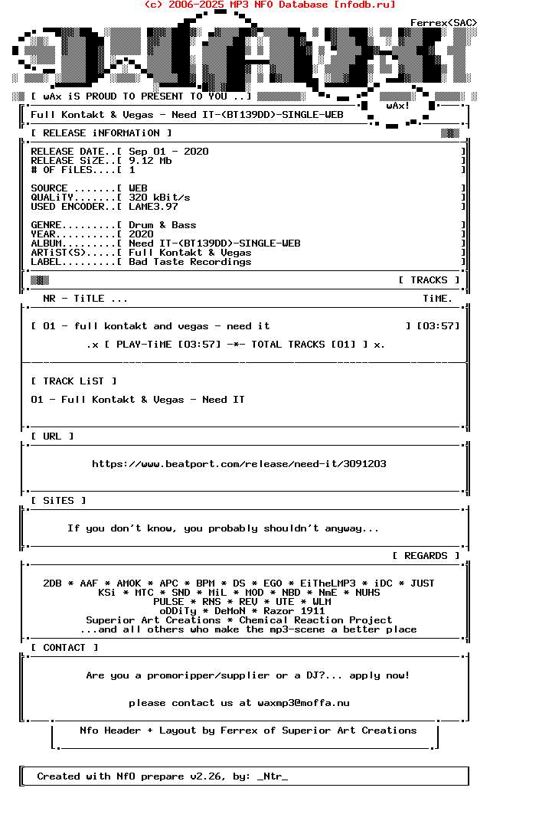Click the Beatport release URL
[x=239, y=464]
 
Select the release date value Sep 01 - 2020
[x=168, y=152]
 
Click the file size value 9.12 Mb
[x=150, y=161]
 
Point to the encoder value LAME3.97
[x=153, y=207]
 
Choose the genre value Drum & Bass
[x=162, y=225]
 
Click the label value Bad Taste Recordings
[x=190, y=262]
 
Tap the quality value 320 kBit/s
[x=159, y=198]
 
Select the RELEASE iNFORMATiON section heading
[x=101, y=133]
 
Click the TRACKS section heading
[x=429, y=280]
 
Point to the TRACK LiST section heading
[x=74, y=381]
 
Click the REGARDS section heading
[x=426, y=556]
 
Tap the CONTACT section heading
[x=64, y=648]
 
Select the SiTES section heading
[x=58, y=501]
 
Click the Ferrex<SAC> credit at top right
[x=444, y=23]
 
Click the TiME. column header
[x=438, y=299]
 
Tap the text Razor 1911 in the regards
[x=294, y=611]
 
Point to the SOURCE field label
[x=49, y=188]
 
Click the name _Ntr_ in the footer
[x=273, y=776]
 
